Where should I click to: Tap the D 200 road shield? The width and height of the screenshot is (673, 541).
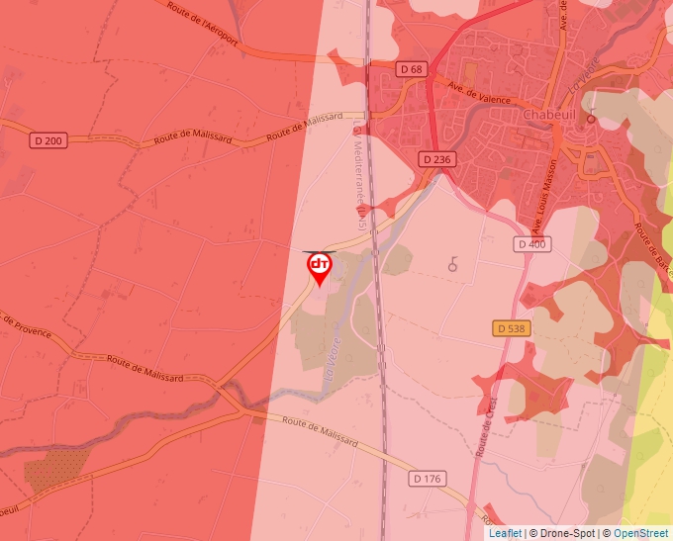pyautogui.click(x=46, y=140)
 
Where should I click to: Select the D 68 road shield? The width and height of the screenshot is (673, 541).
pyautogui.click(x=412, y=69)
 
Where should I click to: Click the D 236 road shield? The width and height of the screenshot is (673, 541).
pyautogui.click(x=435, y=159)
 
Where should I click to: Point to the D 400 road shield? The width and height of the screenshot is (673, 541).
pyautogui.click(x=530, y=243)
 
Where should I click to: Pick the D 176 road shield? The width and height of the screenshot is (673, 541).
pyautogui.click(x=427, y=479)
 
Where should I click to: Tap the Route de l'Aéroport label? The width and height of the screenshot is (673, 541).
pyautogui.click(x=203, y=22)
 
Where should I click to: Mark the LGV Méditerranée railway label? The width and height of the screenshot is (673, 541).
pyautogui.click(x=360, y=178)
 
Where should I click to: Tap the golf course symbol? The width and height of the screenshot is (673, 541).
pyautogui.click(x=453, y=263)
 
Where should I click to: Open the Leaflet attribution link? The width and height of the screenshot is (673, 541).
pyautogui.click(x=505, y=533)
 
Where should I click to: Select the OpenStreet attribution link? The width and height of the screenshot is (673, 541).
pyautogui.click(x=641, y=533)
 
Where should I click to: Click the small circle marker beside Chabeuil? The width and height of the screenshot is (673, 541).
pyautogui.click(x=591, y=119)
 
